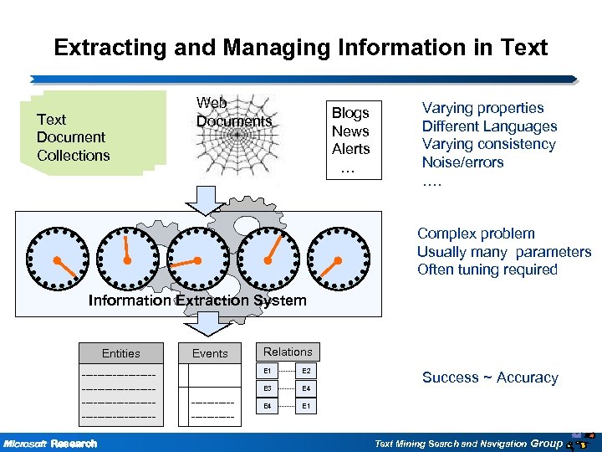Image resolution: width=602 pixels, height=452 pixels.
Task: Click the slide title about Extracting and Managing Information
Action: [x=300, y=47]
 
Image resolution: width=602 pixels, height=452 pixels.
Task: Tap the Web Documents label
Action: [x=233, y=112]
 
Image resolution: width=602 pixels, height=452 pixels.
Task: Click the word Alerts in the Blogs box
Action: [x=350, y=149]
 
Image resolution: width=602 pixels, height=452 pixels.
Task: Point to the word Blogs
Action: [x=350, y=113]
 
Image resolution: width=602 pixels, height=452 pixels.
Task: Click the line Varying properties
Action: [x=482, y=108]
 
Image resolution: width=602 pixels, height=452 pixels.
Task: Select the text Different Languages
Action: [x=489, y=126]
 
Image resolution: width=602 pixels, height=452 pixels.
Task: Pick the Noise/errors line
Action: [x=462, y=162]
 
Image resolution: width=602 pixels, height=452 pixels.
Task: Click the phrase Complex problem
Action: [x=476, y=234]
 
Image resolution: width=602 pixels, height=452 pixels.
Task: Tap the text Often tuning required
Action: [x=487, y=270]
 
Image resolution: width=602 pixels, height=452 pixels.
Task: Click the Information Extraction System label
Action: [x=197, y=300]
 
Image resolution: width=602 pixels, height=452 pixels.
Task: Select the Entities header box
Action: [x=121, y=353]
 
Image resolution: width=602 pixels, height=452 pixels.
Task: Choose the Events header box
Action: [x=210, y=353]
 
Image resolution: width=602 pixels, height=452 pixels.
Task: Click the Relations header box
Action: [x=288, y=352]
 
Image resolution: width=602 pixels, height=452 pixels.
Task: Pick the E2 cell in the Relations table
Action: [x=306, y=371]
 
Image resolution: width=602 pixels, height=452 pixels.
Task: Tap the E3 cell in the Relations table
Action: [x=268, y=388]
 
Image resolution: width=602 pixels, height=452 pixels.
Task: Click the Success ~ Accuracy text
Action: [x=489, y=378]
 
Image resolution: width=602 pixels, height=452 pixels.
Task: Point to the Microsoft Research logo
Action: [x=50, y=443]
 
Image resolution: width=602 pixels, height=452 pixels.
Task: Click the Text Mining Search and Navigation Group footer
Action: [x=468, y=443]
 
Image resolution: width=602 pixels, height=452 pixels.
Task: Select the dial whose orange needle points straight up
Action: [x=126, y=258]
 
